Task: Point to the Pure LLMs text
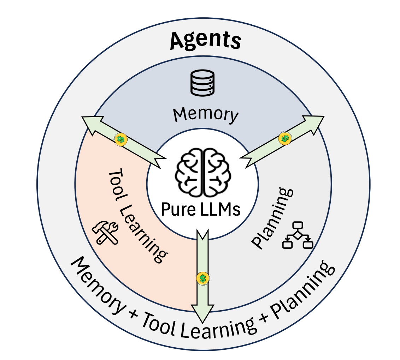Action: [x=201, y=209]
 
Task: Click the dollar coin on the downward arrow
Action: [x=202, y=278]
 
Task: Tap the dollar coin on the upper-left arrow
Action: [x=120, y=139]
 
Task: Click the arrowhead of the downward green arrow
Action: [x=203, y=312]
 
